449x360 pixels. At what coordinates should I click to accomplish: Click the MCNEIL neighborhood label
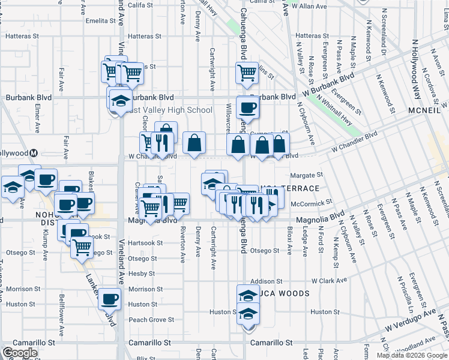point(423,113)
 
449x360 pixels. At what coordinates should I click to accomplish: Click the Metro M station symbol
point(34,153)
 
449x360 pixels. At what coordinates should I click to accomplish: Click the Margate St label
point(307,175)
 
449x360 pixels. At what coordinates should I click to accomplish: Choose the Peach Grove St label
point(151,320)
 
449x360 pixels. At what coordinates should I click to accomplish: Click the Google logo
point(20,353)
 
